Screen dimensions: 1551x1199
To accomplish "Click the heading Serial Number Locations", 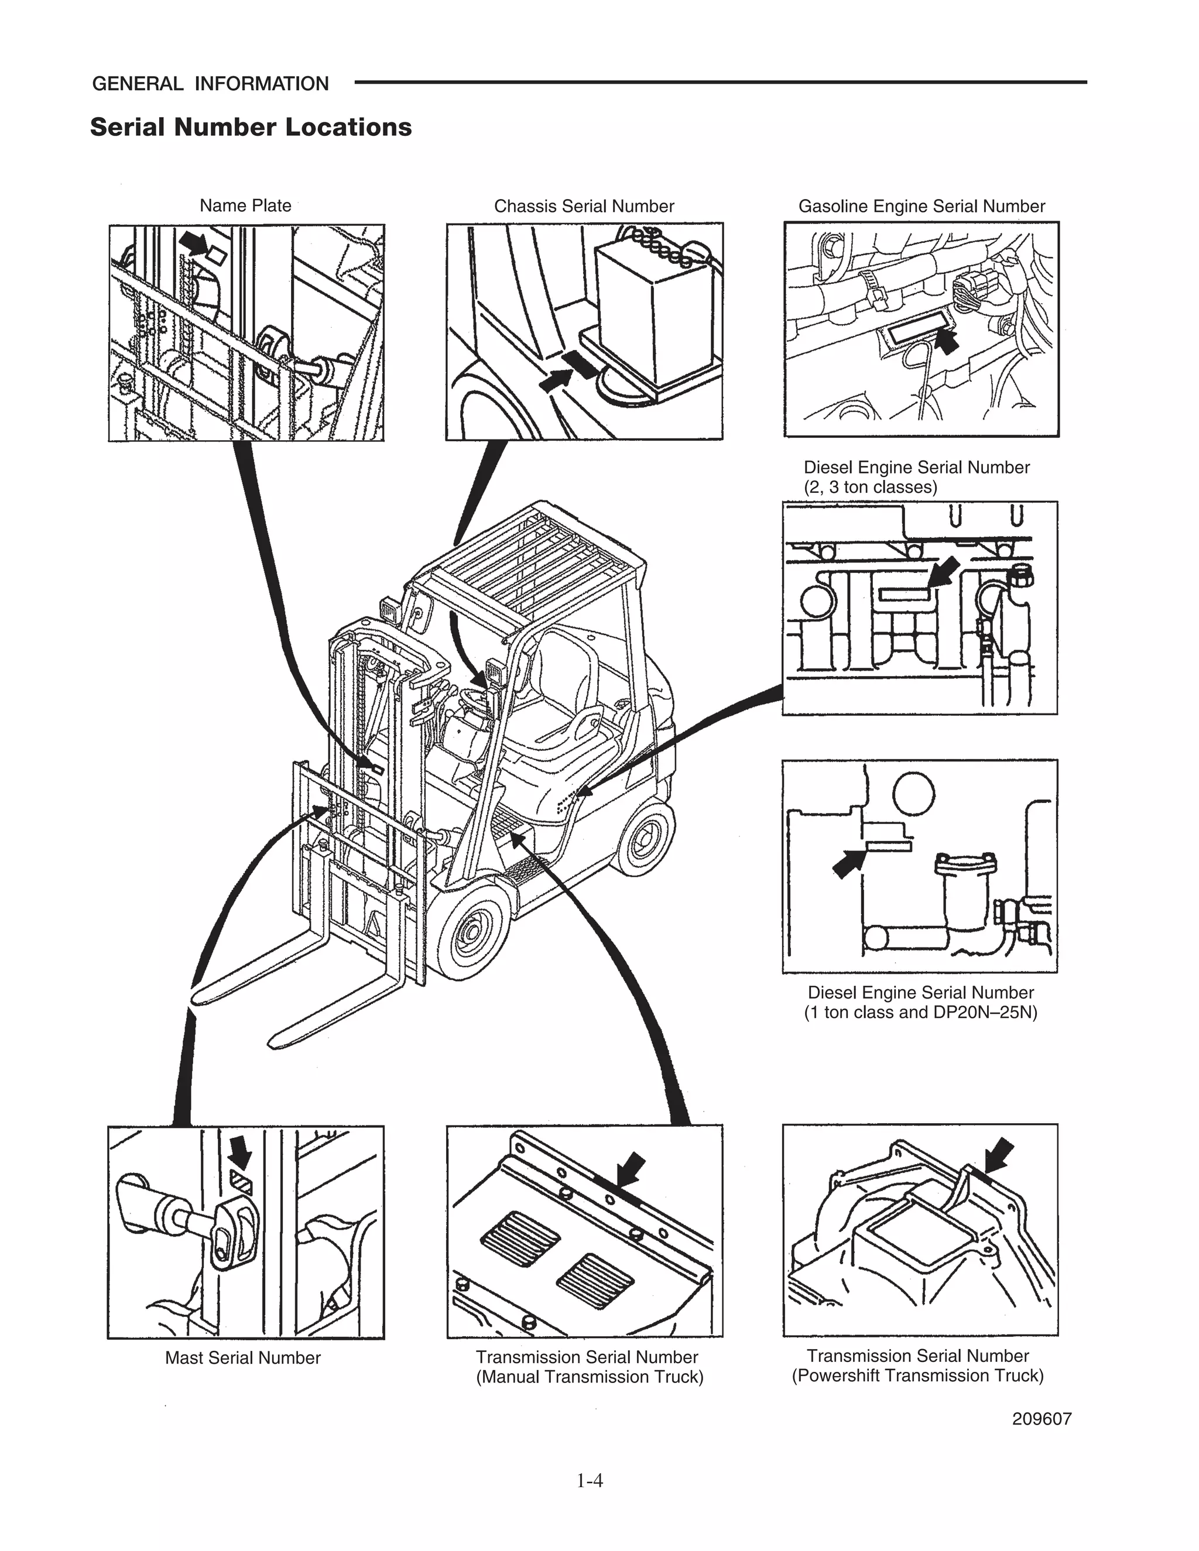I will (x=251, y=127).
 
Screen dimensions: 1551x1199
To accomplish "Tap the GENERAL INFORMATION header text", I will (x=210, y=84).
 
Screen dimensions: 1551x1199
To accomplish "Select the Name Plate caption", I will (x=245, y=206).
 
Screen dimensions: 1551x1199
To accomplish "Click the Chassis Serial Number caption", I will (x=584, y=207).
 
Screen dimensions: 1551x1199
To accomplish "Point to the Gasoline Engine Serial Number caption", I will (x=921, y=207).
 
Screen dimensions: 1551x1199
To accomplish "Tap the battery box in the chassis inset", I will (x=653, y=313).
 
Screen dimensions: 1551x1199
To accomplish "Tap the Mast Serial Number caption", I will (x=243, y=1358).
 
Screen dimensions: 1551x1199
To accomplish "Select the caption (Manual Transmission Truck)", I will (x=589, y=1377).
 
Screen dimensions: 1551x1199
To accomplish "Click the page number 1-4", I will (x=590, y=1480).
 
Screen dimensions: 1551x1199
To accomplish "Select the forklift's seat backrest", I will (x=561, y=668).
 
